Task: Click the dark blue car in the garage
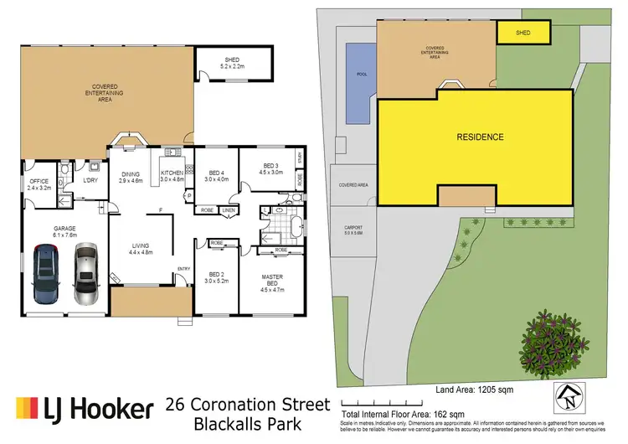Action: pos(45,275)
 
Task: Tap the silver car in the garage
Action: pos(85,275)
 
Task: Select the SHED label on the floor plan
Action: pos(229,60)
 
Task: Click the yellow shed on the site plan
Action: pos(523,33)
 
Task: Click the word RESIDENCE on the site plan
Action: pos(480,137)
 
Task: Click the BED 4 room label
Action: pos(216,175)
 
